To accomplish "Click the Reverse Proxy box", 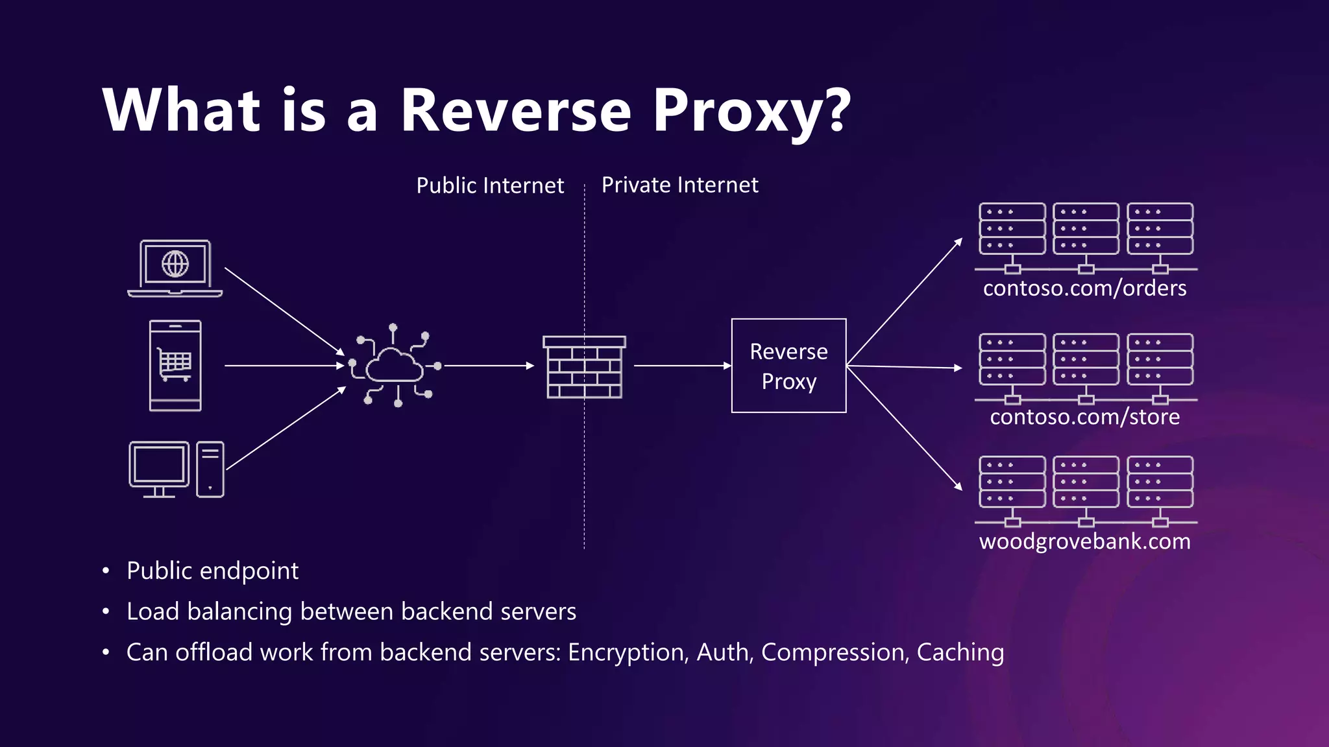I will point(788,366).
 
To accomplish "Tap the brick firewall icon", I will point(584,367).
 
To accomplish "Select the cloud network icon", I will point(394,366).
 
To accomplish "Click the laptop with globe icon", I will point(175,268).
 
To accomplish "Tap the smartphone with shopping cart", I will point(175,366).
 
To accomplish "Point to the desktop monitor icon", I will point(159,468).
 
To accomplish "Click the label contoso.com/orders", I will point(1084,288).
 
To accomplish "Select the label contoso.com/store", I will point(1084,416).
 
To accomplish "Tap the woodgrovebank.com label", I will point(1084,541).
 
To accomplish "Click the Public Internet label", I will point(490,185).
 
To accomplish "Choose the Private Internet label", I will point(679,185).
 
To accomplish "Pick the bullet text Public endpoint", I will point(212,571).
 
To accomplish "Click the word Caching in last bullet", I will point(960,652).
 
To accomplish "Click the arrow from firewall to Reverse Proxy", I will point(681,366).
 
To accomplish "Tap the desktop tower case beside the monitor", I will point(210,469).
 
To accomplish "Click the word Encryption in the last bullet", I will point(627,652).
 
